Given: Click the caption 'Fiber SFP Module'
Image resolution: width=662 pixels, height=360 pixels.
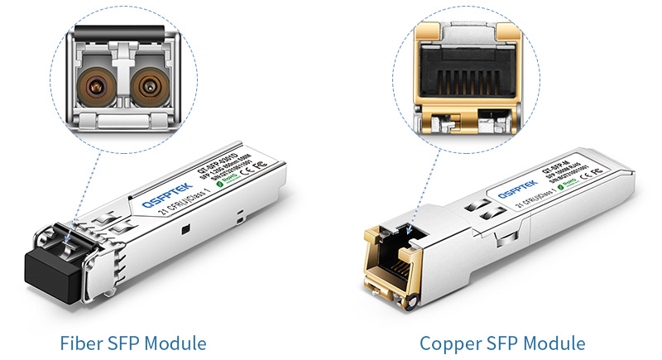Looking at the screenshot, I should (133, 342).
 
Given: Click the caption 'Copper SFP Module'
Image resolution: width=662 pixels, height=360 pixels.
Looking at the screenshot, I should (502, 342).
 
